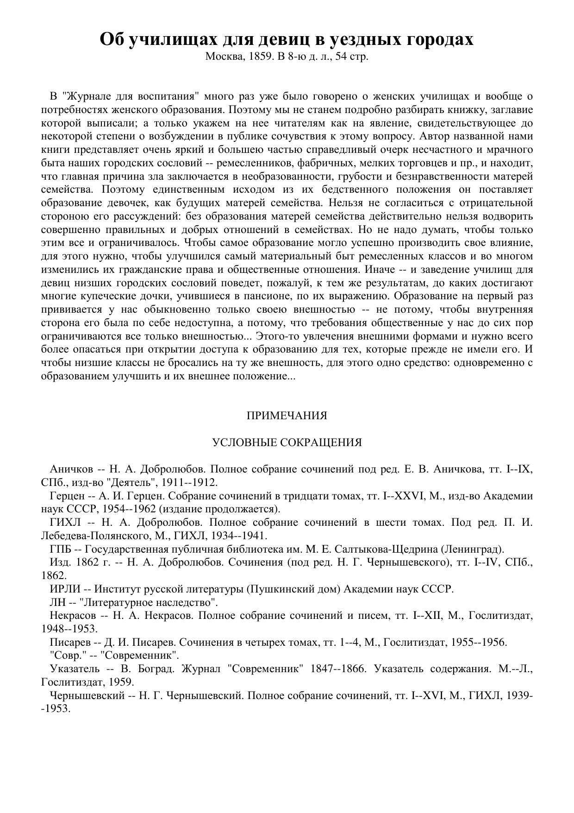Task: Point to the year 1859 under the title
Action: click(x=260, y=57)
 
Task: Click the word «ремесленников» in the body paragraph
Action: click(x=253, y=163)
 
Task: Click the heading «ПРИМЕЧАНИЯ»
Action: click(x=287, y=416)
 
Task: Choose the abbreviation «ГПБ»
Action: click(x=61, y=549)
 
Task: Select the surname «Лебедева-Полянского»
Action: click(x=91, y=536)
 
